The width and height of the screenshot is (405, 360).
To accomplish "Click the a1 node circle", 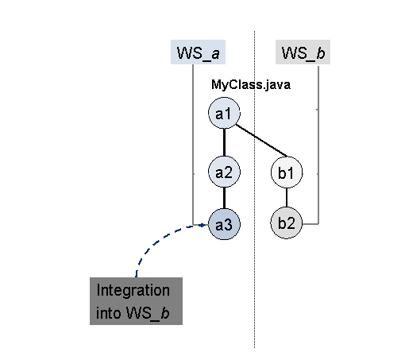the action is [x=224, y=113].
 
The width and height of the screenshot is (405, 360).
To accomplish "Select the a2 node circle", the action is [x=224, y=172].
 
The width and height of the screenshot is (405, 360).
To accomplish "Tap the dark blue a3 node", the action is [x=224, y=224].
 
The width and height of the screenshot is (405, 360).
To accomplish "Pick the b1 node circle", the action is [x=287, y=172].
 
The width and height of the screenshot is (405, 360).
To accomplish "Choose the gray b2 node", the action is [x=287, y=223].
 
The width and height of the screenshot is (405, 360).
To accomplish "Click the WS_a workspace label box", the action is [x=198, y=52].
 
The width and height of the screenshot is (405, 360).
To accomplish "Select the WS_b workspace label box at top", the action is [x=303, y=52].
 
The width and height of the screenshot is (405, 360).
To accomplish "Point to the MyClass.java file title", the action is [x=251, y=85].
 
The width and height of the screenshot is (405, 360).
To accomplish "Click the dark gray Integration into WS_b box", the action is [x=136, y=301].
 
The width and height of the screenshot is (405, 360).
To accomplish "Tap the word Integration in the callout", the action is [x=133, y=290].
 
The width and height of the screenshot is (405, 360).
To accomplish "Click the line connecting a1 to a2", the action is [x=224, y=142].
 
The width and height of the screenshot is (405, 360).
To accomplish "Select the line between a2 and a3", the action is [x=224, y=198].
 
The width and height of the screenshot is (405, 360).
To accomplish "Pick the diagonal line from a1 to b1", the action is [x=261, y=141].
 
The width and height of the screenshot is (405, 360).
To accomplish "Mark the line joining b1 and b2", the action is [x=287, y=198].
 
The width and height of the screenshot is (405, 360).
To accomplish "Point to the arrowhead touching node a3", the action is [x=203, y=225].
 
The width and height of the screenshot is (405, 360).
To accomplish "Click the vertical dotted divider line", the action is [x=255, y=189].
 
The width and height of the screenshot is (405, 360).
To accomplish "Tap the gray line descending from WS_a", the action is [x=193, y=145].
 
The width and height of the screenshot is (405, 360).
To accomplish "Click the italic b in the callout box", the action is [x=165, y=313].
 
